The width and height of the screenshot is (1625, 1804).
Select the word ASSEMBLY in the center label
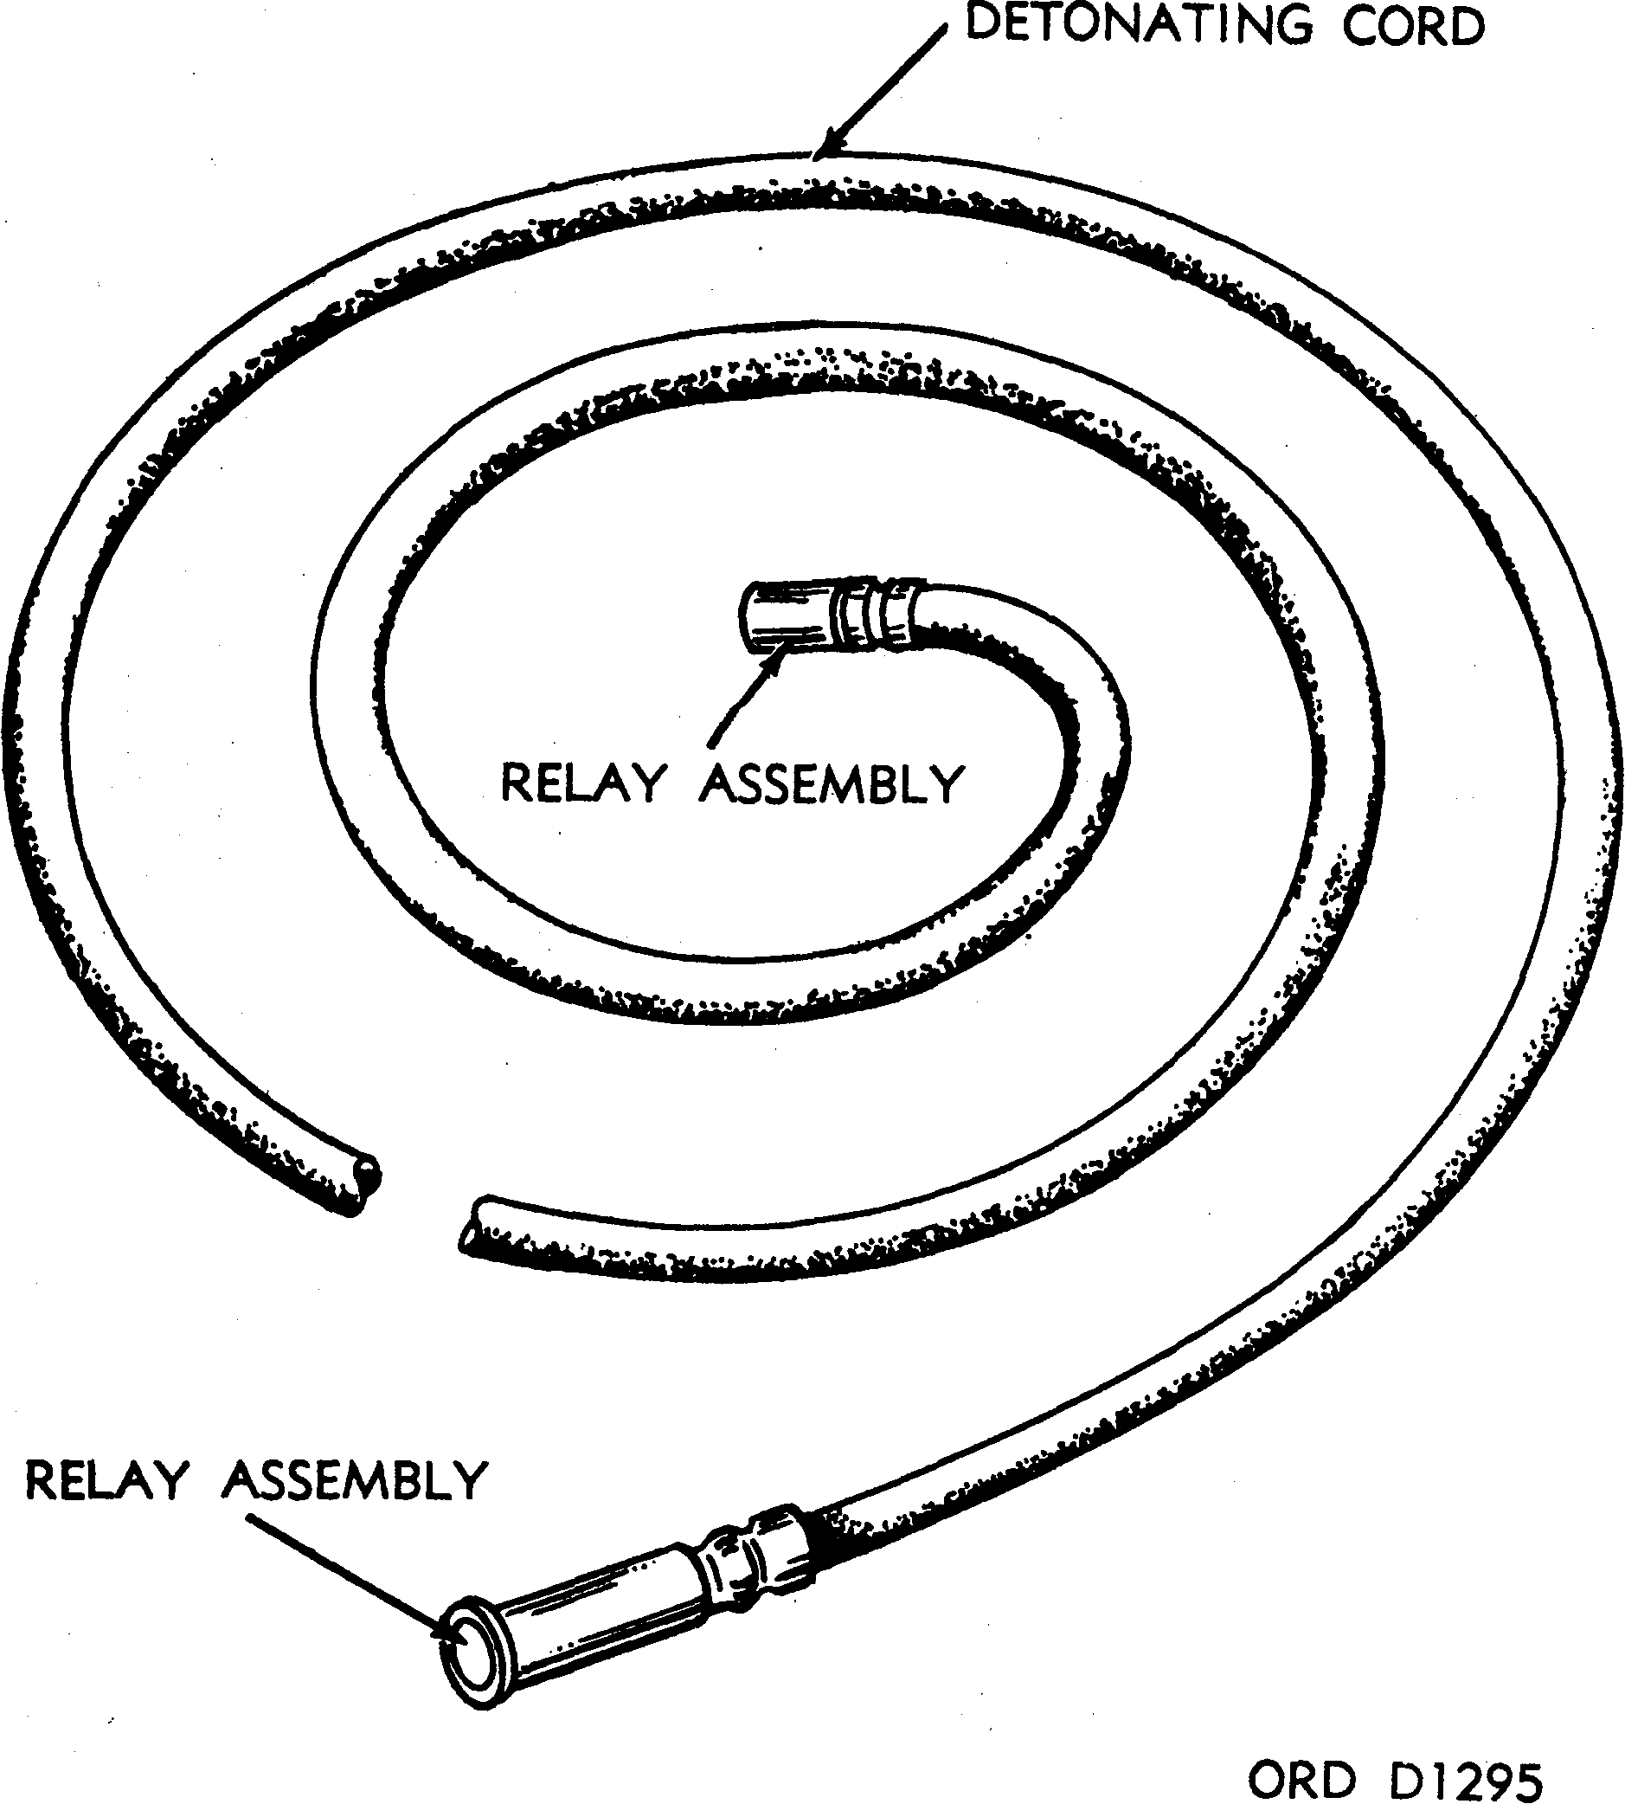click(832, 783)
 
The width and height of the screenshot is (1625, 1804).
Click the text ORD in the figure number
click(1301, 1752)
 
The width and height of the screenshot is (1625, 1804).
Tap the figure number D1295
click(1466, 1752)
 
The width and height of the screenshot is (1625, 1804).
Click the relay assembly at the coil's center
click(832, 615)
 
